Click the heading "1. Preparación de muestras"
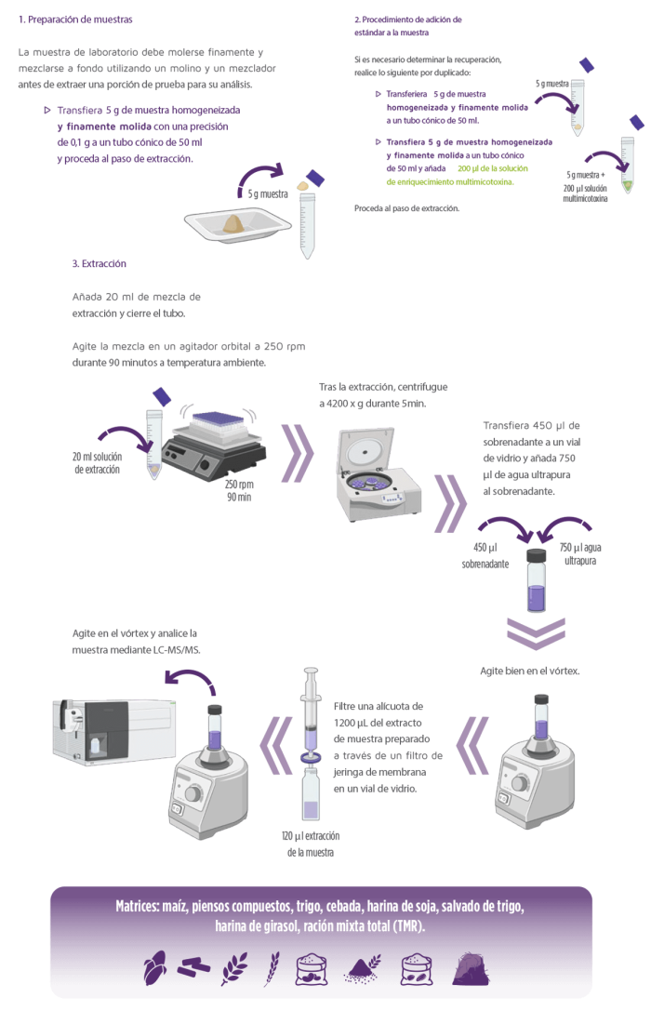click(76, 19)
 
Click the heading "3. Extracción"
click(100, 264)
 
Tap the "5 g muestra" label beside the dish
click(270, 195)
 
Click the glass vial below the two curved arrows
click(537, 581)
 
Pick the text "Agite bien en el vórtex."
click(529, 670)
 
